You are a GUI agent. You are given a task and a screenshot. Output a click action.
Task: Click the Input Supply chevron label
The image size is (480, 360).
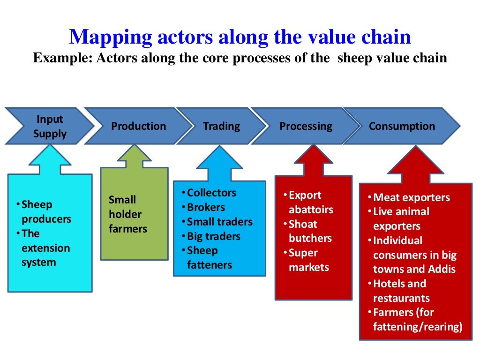[50, 127]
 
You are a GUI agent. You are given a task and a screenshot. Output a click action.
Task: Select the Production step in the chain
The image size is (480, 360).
[138, 126]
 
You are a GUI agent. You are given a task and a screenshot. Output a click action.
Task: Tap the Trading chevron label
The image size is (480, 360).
[221, 126]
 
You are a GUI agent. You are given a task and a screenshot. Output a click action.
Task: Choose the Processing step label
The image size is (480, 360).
[306, 126]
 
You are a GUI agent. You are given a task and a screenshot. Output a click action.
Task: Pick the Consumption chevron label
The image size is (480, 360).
[402, 126]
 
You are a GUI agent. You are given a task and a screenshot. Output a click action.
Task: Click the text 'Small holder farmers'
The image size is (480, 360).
[127, 214]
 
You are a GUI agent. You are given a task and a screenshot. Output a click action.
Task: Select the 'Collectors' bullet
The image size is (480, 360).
[211, 193]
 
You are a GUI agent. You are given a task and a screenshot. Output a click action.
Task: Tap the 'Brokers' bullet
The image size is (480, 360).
[206, 207]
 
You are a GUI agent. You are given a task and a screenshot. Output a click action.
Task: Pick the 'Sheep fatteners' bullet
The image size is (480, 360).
[209, 258]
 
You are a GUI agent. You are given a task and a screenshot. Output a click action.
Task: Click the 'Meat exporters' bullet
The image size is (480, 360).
[411, 197]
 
